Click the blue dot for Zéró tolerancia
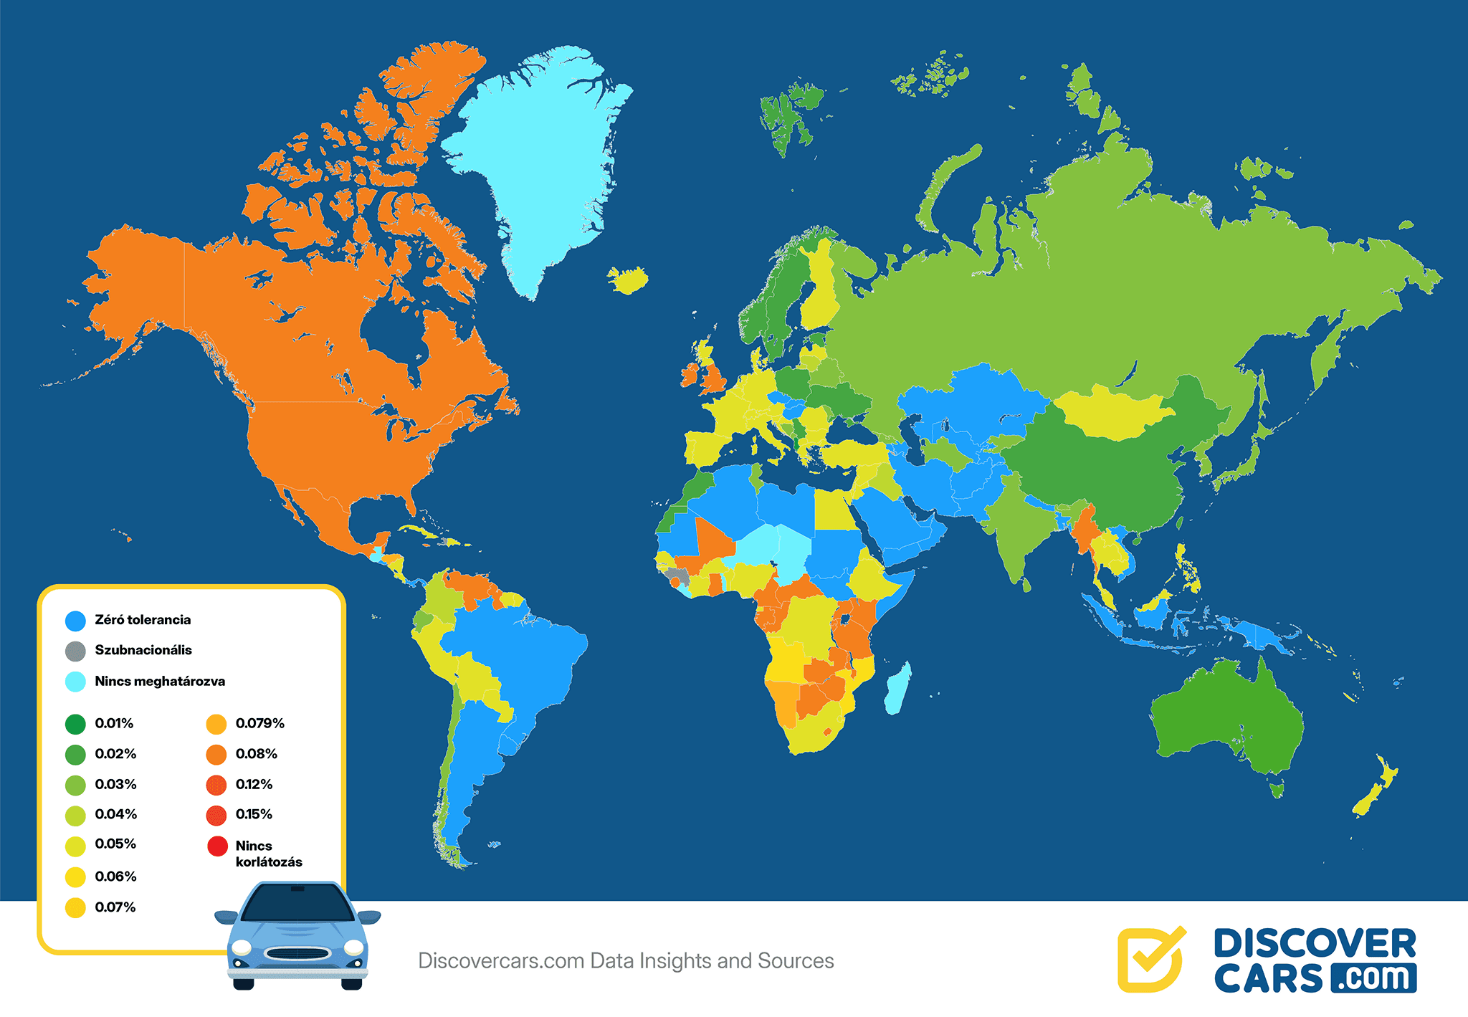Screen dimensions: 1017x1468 (x=75, y=621)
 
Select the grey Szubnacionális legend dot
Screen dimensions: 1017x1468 (x=75, y=651)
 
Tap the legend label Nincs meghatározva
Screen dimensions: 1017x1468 (x=160, y=682)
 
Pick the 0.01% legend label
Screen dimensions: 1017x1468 (x=114, y=724)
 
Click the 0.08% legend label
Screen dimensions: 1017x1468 (x=256, y=754)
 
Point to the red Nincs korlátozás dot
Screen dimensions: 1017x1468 (x=217, y=846)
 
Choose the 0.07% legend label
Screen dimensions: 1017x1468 (x=115, y=907)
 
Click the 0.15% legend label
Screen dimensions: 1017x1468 (x=254, y=814)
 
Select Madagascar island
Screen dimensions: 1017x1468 (x=898, y=688)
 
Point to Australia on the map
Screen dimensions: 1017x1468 (x=1226, y=717)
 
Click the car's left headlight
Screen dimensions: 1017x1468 (x=242, y=947)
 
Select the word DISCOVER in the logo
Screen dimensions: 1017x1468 (x=1315, y=944)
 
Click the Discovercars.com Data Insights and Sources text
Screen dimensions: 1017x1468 (x=626, y=961)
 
